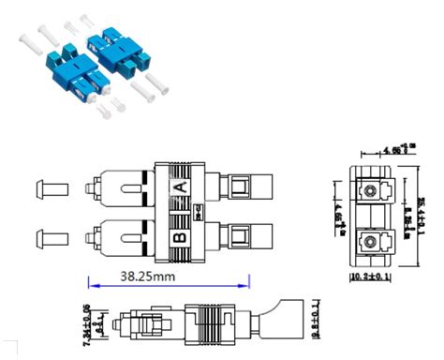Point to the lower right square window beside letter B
click(x=241, y=233)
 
